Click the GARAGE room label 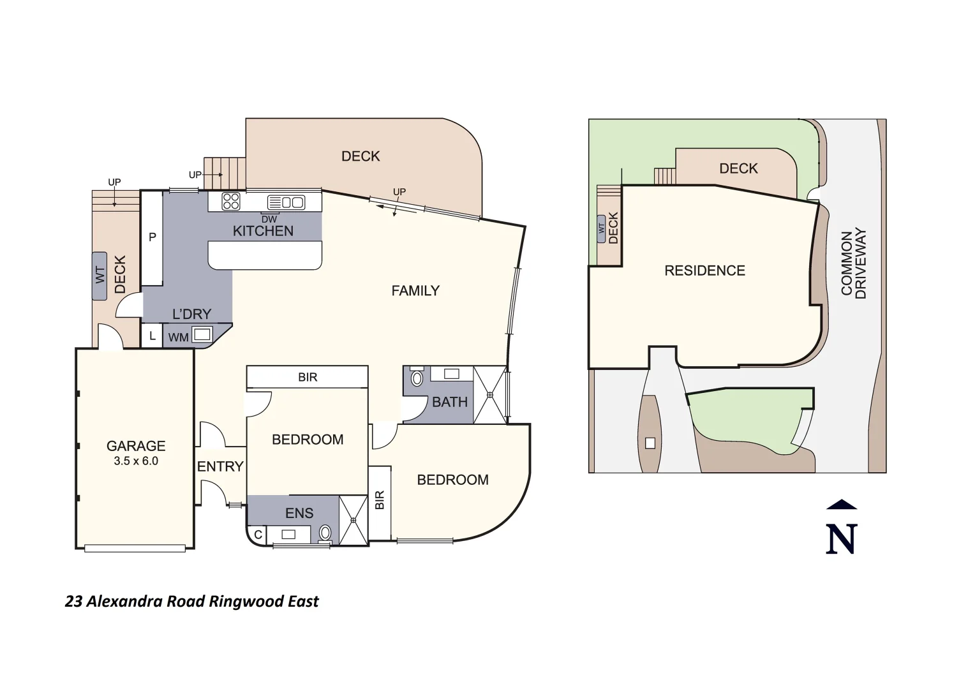[x=136, y=446]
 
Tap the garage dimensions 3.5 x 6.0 [x=136, y=461]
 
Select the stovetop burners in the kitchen [x=230, y=202]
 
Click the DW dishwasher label [x=269, y=219]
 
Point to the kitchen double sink [x=286, y=202]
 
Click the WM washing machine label [x=178, y=337]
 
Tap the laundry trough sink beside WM [x=202, y=334]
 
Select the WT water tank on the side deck [x=100, y=275]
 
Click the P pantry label [x=153, y=237]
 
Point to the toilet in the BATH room [x=417, y=378]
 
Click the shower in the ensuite [x=353, y=520]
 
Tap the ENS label [x=299, y=513]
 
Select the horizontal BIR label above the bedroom [x=308, y=377]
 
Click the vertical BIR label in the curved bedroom [x=380, y=500]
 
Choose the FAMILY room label [x=415, y=291]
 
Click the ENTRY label [x=220, y=466]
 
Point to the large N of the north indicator [x=841, y=539]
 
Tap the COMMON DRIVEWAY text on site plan [x=853, y=263]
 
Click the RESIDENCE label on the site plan [x=704, y=270]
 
